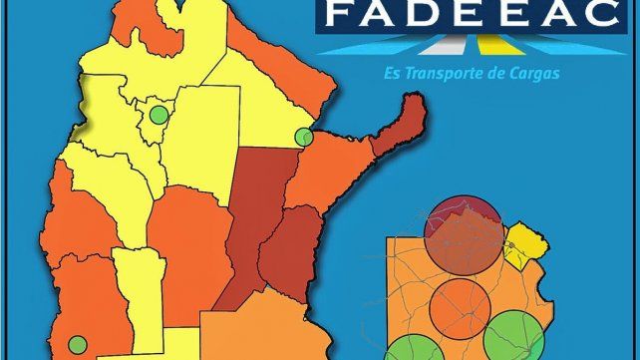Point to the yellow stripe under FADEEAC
tap(489, 45)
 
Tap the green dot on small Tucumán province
tap(158, 115)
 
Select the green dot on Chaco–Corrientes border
tap(305, 138)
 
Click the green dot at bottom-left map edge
tap(77, 345)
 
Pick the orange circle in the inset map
tap(460, 306)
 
